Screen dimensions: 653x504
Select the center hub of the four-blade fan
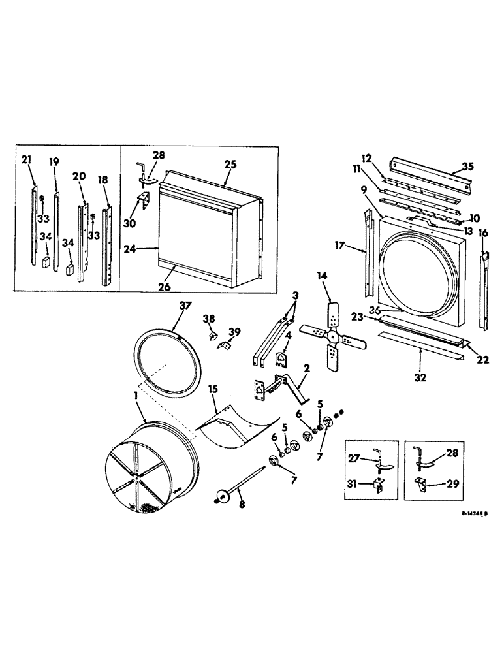(x=332, y=336)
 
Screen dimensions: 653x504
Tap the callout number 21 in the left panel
(x=27, y=160)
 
